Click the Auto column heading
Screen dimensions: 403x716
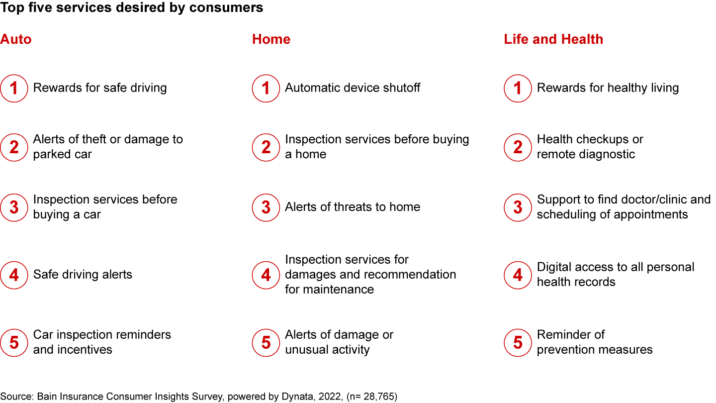(16, 39)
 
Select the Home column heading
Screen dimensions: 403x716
(271, 39)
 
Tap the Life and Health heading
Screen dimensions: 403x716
(553, 39)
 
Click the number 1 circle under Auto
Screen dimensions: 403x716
(14, 88)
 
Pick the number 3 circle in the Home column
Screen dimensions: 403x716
(266, 207)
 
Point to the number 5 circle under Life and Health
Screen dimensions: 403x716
(518, 342)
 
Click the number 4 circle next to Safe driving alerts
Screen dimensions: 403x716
(14, 275)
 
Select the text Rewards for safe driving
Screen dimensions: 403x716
(100, 88)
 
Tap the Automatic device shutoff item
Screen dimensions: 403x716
(353, 88)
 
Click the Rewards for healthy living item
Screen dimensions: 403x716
(608, 88)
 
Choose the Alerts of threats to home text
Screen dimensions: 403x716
(353, 207)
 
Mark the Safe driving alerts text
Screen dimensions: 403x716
(83, 275)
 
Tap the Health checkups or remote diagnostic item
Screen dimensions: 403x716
(590, 147)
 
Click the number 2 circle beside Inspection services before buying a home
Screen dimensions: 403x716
(266, 147)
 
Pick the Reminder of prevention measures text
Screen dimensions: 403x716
(595, 342)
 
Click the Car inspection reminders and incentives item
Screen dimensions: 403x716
(102, 342)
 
